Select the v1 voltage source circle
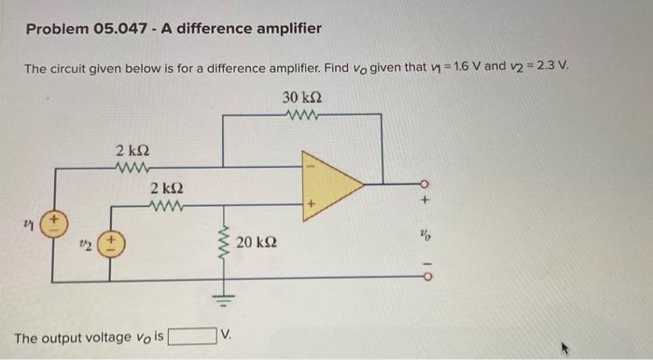[x=54, y=224]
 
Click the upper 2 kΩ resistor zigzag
[x=129, y=169]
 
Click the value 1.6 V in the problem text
[x=457, y=67]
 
